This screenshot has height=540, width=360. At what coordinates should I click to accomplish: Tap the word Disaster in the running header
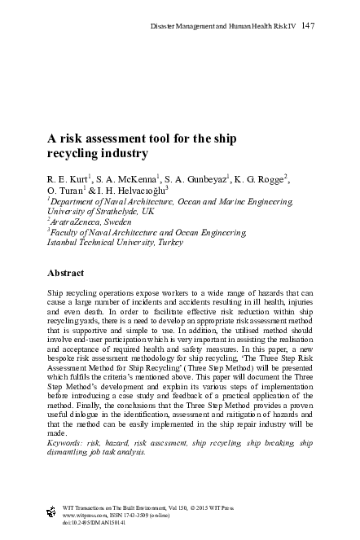pyautogui.click(x=166, y=27)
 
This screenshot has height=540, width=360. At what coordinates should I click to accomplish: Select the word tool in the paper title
pyautogui.click(x=172, y=138)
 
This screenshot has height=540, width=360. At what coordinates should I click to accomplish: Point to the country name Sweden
pyautogui.click(x=118, y=222)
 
